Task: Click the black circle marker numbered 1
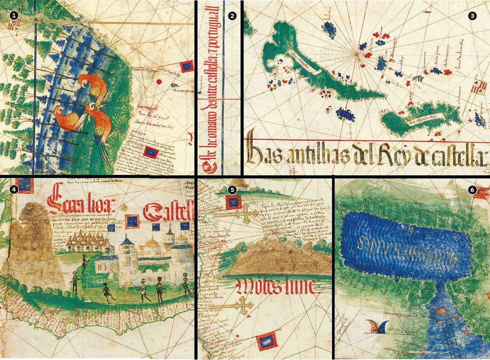tap(15, 15)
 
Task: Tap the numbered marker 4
tap(15, 189)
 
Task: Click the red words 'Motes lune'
tap(277, 288)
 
